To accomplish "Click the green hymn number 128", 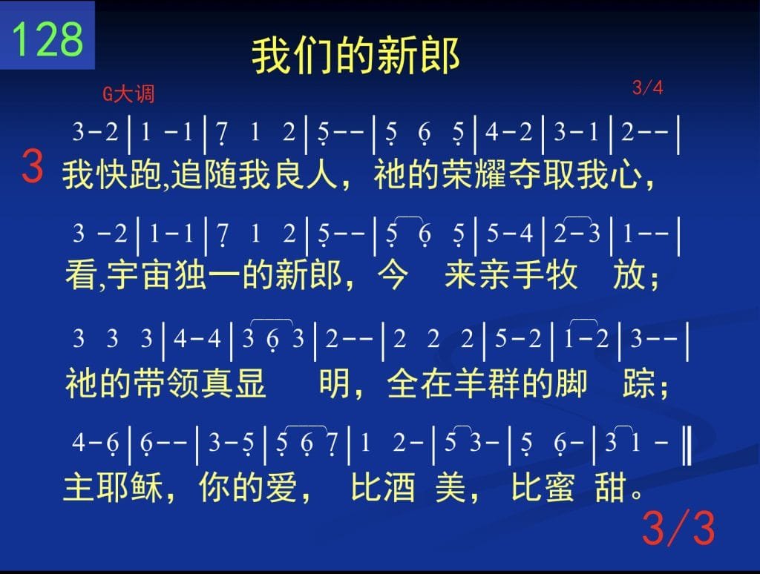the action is tap(47, 39).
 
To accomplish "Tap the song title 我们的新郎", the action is tap(356, 55).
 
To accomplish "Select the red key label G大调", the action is tap(128, 93).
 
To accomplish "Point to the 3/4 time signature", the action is tap(647, 88).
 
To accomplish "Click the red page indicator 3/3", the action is tap(678, 527).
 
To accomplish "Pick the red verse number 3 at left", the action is tap(33, 166).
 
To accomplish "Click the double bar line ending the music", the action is tap(687, 443).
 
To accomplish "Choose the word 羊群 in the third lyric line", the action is tap(487, 383).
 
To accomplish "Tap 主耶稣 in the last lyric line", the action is tap(113, 487).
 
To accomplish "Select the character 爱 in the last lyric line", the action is tap(281, 487).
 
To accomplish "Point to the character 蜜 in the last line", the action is tap(560, 487).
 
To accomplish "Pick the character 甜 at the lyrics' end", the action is tap(611, 487).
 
